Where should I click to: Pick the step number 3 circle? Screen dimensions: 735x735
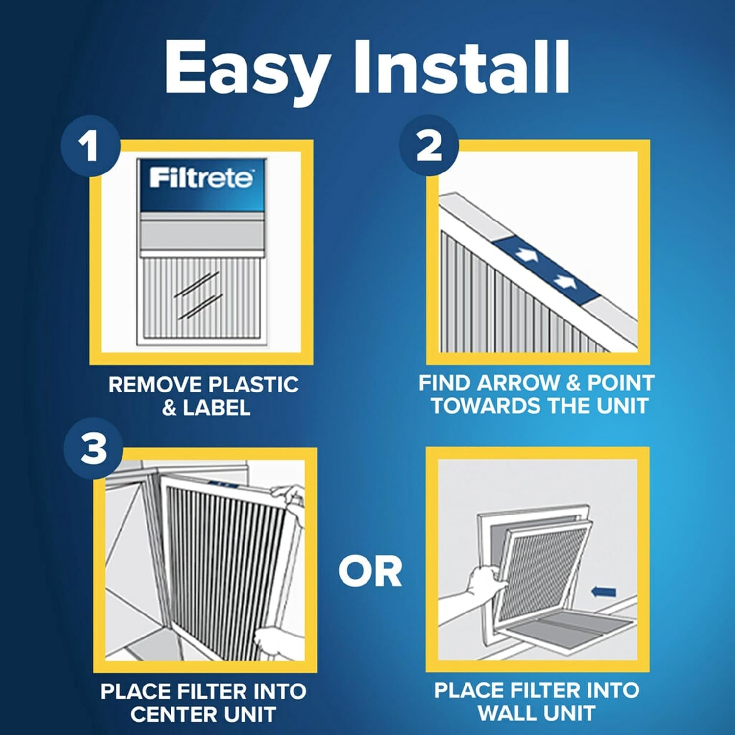tap(93, 449)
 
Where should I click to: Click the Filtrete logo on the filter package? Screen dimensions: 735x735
tap(201, 178)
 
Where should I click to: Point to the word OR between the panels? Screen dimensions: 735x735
tap(370, 572)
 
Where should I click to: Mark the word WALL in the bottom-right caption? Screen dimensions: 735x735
tap(508, 713)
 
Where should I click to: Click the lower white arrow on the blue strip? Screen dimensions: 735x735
tap(563, 281)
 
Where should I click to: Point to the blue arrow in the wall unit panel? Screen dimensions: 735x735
tap(604, 592)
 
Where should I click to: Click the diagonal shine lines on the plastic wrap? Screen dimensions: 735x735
tap(198, 294)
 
